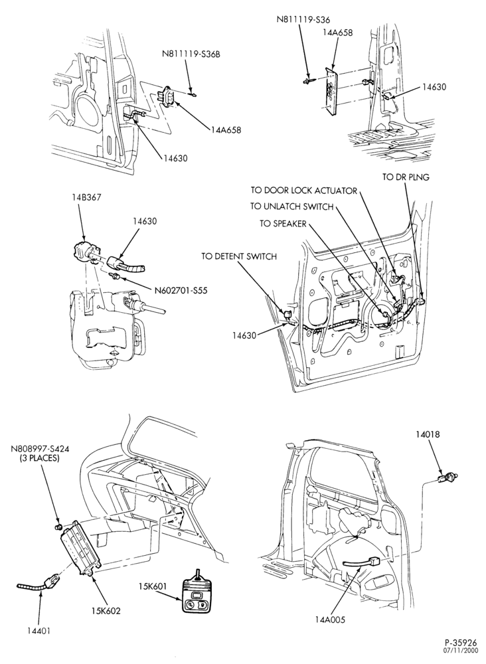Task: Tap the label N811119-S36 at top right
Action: (303, 19)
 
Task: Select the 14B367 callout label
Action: (86, 198)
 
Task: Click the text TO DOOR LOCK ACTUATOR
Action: (303, 191)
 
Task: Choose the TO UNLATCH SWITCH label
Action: (291, 207)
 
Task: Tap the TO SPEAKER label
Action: (283, 223)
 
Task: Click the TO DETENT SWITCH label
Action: (239, 256)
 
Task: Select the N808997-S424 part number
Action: (39, 450)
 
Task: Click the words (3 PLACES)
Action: (39, 458)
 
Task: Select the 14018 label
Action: (428, 434)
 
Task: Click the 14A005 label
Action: (330, 620)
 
